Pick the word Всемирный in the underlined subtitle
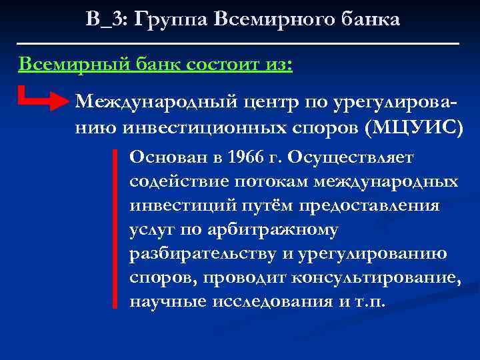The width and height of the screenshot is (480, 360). [64, 65]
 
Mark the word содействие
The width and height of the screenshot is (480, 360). [174, 181]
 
